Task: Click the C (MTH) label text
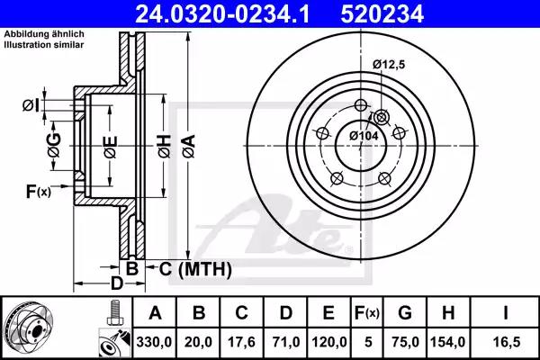coord(195,268)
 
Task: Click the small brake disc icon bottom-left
coord(32,328)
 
